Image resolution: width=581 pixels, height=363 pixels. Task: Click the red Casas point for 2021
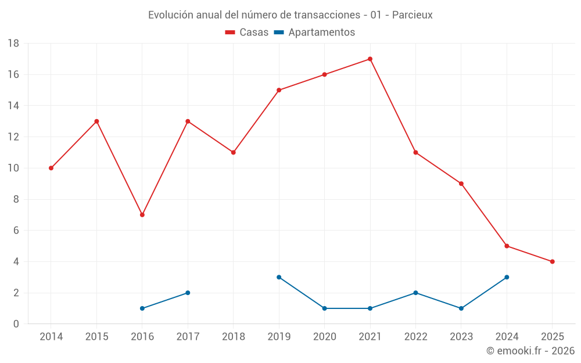(x=370, y=59)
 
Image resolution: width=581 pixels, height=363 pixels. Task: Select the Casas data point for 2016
(x=142, y=215)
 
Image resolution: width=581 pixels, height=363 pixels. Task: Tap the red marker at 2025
(x=553, y=261)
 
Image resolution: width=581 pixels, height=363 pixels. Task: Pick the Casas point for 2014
(x=51, y=168)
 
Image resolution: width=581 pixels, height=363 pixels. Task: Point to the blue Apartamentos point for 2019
(x=279, y=277)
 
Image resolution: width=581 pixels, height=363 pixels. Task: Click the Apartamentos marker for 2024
(x=507, y=277)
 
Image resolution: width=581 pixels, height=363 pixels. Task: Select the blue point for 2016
(x=142, y=308)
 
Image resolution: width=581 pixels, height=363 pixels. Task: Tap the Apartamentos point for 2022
(x=415, y=293)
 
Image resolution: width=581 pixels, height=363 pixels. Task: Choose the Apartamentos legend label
(x=321, y=33)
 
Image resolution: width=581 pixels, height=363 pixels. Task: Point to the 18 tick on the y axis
(x=13, y=44)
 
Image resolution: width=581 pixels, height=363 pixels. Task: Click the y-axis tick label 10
(x=13, y=168)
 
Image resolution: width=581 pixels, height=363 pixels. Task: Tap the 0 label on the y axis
(x=16, y=324)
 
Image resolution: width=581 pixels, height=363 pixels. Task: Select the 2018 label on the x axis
(x=234, y=337)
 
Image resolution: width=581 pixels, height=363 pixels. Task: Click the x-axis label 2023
(x=461, y=337)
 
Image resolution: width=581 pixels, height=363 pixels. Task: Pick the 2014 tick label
(x=51, y=337)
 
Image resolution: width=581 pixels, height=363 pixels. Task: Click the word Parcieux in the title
(x=412, y=15)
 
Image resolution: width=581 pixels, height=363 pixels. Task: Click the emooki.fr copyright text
(x=530, y=351)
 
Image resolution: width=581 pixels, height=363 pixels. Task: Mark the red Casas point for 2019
(x=279, y=90)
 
